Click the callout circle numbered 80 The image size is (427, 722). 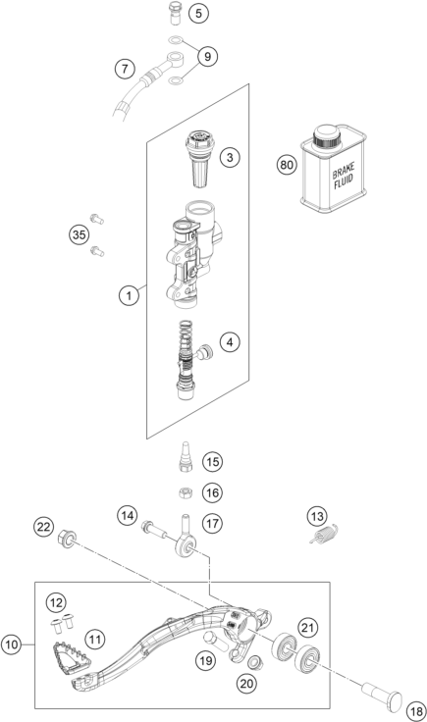coord(287,165)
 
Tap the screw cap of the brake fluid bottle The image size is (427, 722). coord(328,134)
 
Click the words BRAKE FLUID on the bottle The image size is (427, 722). coord(344,178)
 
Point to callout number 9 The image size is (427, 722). coord(208,56)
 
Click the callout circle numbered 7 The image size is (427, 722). coord(125,69)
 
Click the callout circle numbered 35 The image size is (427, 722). coord(80,234)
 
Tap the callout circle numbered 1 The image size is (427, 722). coord(129,294)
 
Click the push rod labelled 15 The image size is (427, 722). coord(186,456)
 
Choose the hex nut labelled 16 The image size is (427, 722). coord(185,493)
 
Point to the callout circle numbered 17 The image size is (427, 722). coord(213,524)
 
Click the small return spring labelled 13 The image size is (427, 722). coord(324,536)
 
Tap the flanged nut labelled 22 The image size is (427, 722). coord(68,538)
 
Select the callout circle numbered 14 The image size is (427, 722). coord(128,515)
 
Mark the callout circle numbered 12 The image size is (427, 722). coord(56,602)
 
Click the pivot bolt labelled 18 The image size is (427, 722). coord(382,694)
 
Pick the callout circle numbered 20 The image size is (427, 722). coord(247,684)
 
